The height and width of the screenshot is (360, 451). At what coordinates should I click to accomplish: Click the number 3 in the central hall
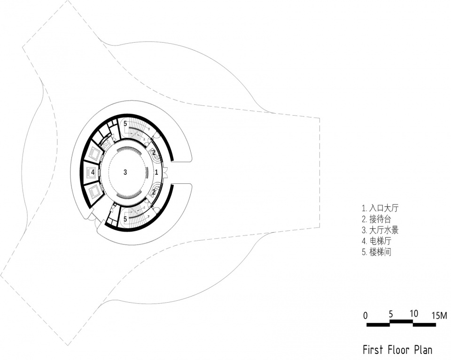point(125,172)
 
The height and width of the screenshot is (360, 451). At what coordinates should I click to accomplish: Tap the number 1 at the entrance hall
point(156,172)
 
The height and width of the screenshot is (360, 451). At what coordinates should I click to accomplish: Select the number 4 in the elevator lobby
point(93,172)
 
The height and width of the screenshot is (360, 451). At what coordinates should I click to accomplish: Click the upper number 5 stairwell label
point(125,124)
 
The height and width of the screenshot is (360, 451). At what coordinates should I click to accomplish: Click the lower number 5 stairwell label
point(125,219)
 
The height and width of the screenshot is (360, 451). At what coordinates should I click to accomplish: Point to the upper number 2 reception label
point(154,152)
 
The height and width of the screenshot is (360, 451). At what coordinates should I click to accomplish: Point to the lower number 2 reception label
point(154,192)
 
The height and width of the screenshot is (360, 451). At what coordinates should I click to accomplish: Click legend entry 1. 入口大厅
point(380,208)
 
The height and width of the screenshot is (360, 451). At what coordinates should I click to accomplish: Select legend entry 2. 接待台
point(376,219)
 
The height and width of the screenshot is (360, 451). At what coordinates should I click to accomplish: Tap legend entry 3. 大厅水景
point(380,230)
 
